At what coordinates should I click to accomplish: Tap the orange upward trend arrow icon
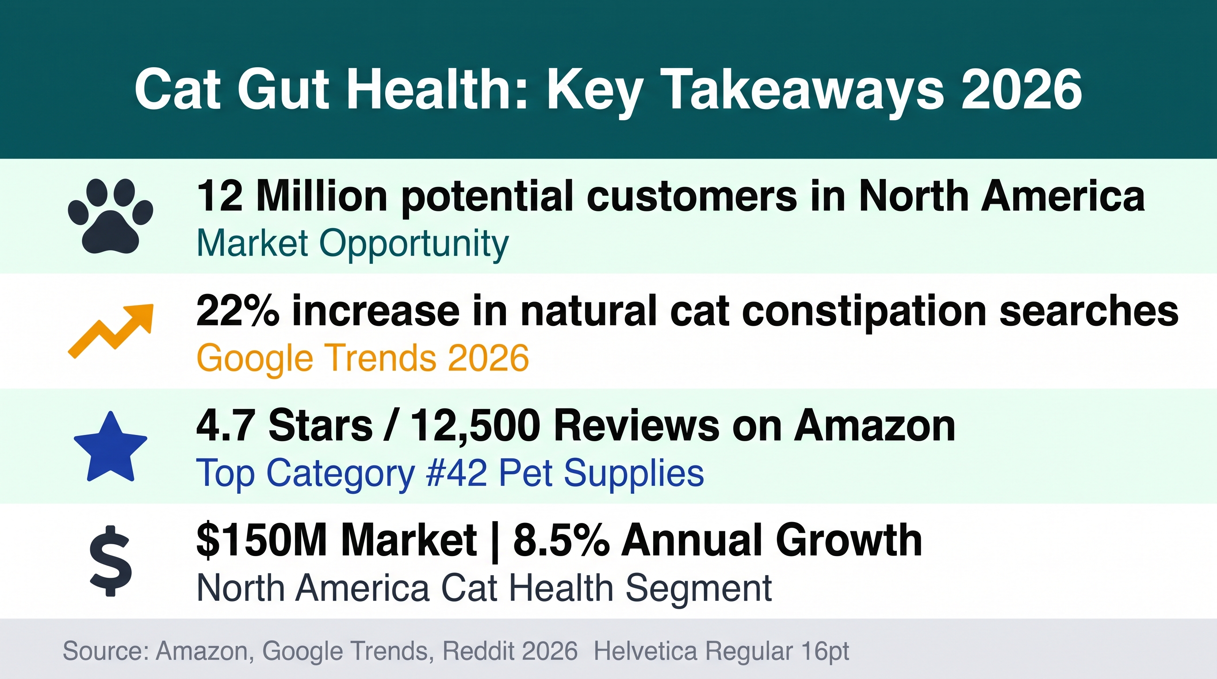[x=111, y=331]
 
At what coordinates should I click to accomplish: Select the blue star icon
[x=111, y=447]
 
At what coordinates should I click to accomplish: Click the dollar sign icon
[x=111, y=561]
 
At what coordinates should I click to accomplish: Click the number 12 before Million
[x=220, y=196]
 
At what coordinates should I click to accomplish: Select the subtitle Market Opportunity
[x=352, y=244]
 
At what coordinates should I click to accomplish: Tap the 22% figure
[x=237, y=311]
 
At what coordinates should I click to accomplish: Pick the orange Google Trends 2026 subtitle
[x=362, y=359]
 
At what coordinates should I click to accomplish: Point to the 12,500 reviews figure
[x=475, y=427]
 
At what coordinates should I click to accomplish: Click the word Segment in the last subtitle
[x=699, y=589]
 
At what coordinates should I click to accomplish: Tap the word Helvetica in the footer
[x=645, y=651]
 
